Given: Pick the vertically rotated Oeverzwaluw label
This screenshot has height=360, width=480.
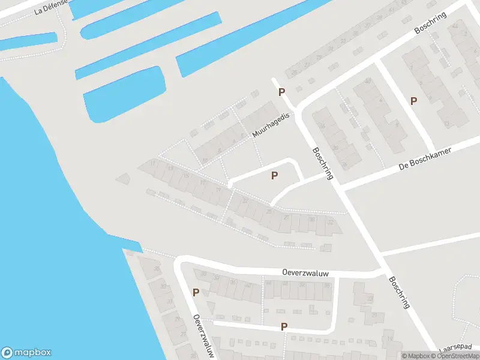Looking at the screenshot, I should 203,337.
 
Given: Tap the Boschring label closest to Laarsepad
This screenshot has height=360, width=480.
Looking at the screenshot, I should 399,292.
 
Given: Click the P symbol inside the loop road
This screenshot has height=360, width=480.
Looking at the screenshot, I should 274,176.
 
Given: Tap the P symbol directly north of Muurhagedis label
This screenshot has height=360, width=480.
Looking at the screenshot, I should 281,92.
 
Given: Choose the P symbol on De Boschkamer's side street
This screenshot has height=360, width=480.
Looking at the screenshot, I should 413,101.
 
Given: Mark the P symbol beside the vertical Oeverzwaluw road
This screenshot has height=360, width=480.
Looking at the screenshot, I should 196,293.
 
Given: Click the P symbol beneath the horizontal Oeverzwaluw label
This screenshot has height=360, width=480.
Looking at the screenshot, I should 284,327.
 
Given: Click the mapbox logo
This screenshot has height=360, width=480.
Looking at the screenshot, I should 26,353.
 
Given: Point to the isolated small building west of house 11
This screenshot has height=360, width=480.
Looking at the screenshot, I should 123,178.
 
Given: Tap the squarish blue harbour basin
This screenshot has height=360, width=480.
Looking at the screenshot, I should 124,94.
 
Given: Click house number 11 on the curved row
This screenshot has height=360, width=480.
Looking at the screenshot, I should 154,163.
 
